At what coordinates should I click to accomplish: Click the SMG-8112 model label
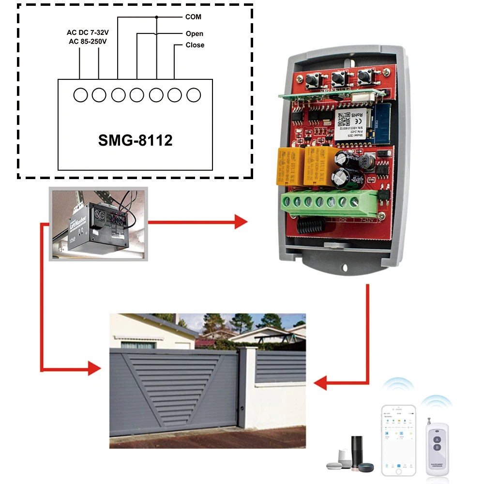click(x=135, y=140)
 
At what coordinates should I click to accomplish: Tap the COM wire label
click(x=193, y=17)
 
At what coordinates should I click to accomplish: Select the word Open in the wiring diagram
click(x=194, y=34)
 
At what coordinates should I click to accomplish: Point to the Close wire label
click(x=195, y=45)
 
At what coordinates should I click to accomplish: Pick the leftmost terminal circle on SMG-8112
click(x=80, y=95)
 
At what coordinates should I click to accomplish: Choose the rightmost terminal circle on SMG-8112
click(x=193, y=95)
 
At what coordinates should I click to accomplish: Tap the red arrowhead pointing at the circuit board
click(x=241, y=222)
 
